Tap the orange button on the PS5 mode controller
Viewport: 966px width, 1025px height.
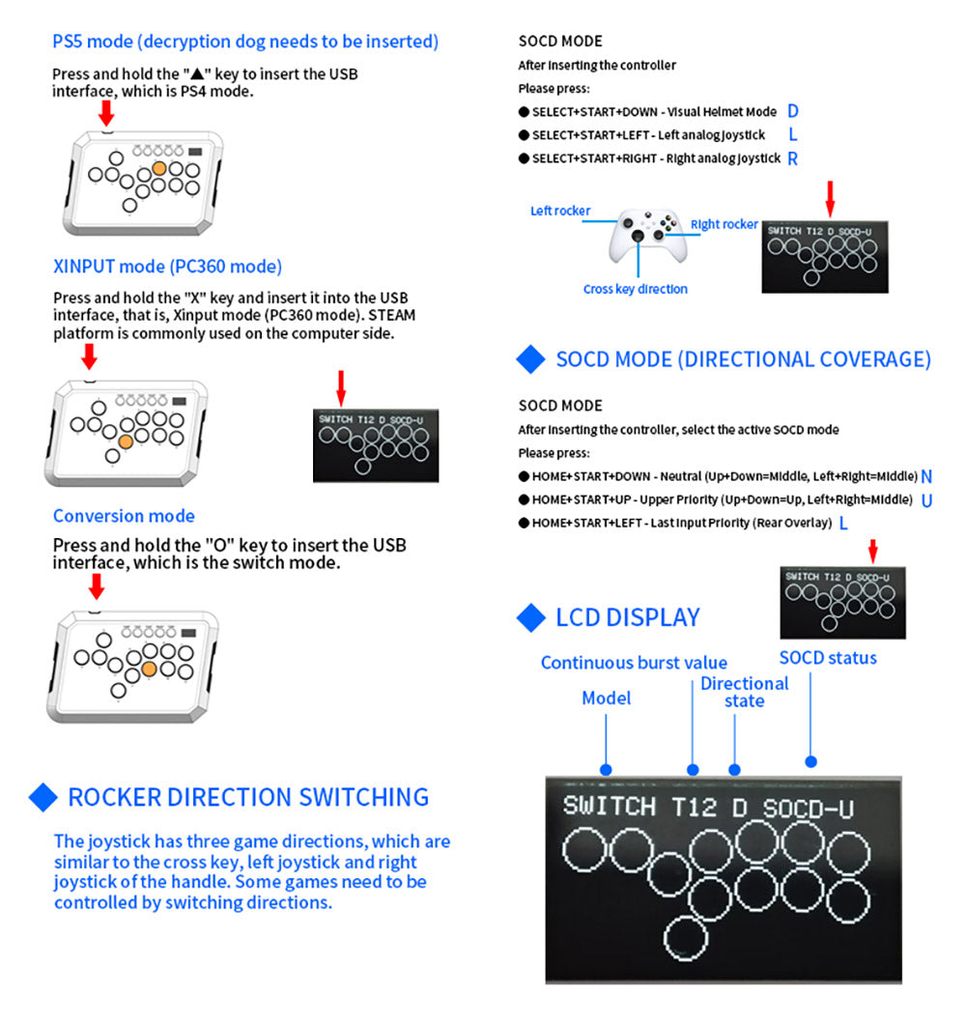pyautogui.click(x=175, y=168)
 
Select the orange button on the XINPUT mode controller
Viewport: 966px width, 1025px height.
pyautogui.click(x=126, y=441)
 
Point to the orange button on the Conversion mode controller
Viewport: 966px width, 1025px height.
pyautogui.click(x=149, y=668)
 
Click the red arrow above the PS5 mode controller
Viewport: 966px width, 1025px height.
pyautogui.click(x=106, y=112)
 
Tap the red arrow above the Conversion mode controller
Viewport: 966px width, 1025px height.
pyautogui.click(x=96, y=585)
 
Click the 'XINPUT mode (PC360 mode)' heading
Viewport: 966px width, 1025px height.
pyautogui.click(x=167, y=267)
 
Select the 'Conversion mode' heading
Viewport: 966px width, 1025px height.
pyautogui.click(x=124, y=516)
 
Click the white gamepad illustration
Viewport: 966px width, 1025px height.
pyautogui.click(x=639, y=234)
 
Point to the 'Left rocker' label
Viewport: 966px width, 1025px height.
pyautogui.click(x=560, y=211)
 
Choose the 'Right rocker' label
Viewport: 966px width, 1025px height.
pyautogui.click(x=724, y=224)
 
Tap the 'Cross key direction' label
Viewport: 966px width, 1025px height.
pyautogui.click(x=635, y=289)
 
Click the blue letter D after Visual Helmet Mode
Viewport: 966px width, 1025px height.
pyautogui.click(x=793, y=111)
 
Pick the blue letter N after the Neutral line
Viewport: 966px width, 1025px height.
pyautogui.click(x=926, y=476)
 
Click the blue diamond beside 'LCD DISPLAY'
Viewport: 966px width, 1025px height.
pyautogui.click(x=531, y=617)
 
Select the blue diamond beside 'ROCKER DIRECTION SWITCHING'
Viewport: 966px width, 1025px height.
pyautogui.click(x=43, y=797)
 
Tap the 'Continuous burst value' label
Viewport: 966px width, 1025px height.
pyautogui.click(x=634, y=663)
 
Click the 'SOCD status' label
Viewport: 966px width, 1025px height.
pyautogui.click(x=828, y=658)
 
